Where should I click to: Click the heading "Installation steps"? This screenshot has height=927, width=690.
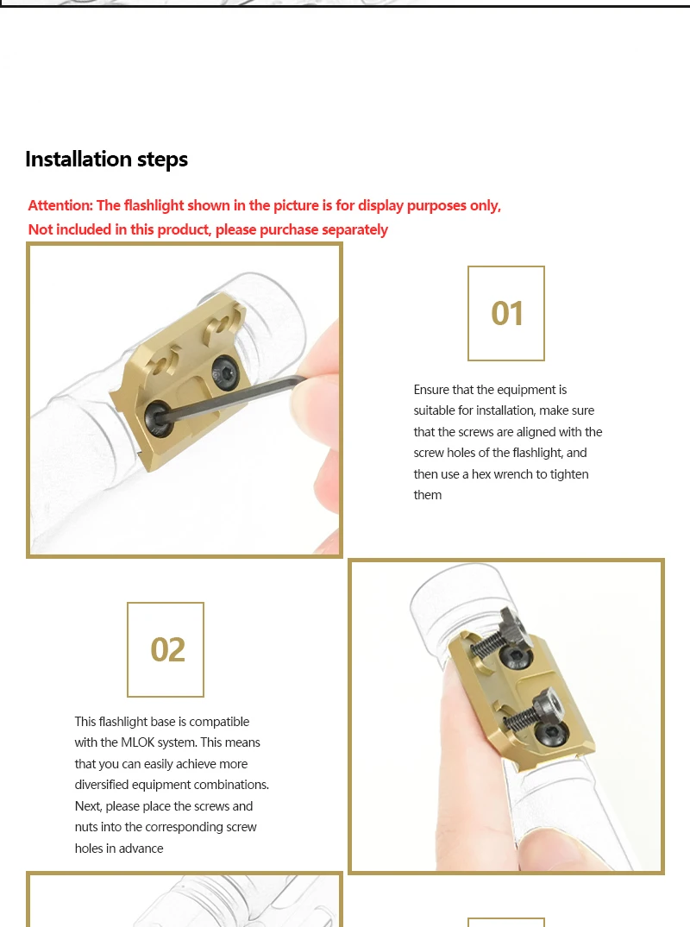tap(106, 159)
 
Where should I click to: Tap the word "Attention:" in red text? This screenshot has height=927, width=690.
tap(60, 205)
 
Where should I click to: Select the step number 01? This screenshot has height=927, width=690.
tap(506, 313)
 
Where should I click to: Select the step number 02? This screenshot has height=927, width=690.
tap(167, 649)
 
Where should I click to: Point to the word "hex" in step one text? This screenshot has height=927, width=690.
tap(481, 474)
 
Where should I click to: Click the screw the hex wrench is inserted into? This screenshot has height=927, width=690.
tap(158, 419)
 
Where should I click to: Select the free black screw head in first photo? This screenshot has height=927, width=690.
tap(225, 373)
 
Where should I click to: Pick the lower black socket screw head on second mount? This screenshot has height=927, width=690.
tap(548, 733)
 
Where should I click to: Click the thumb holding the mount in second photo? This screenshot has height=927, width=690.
tap(473, 768)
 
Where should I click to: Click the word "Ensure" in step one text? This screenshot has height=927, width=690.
tap(431, 390)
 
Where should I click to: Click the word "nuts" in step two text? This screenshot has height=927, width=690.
tap(86, 827)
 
